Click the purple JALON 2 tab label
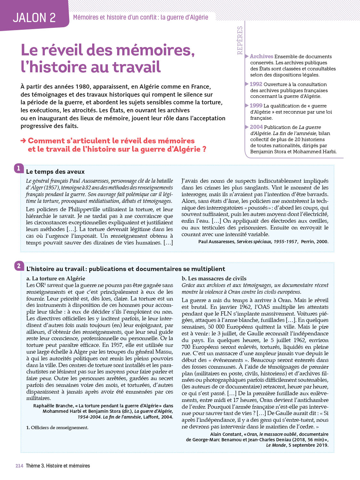pyautogui.click(x=34, y=18)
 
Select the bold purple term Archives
pyautogui.click(x=261, y=56)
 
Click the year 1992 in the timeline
pyautogui.click(x=256, y=84)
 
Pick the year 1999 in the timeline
pyautogui.click(x=256, y=106)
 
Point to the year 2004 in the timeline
pyautogui.click(x=256, y=127)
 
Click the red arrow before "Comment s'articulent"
pyautogui.click(x=23, y=141)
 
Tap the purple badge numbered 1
pyautogui.click(x=19, y=168)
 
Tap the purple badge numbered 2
pyautogui.click(x=19, y=266)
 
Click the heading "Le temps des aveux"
pyautogui.click(x=55, y=172)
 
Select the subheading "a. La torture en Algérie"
pyautogui.click(x=56, y=278)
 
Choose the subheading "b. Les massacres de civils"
pyautogui.click(x=214, y=278)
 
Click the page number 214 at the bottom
pyautogui.click(x=19, y=466)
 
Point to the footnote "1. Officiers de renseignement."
pyautogui.click(x=57, y=428)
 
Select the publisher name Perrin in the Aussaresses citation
pyautogui.click(x=308, y=242)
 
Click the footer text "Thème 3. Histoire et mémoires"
pyautogui.click(x=58, y=466)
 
